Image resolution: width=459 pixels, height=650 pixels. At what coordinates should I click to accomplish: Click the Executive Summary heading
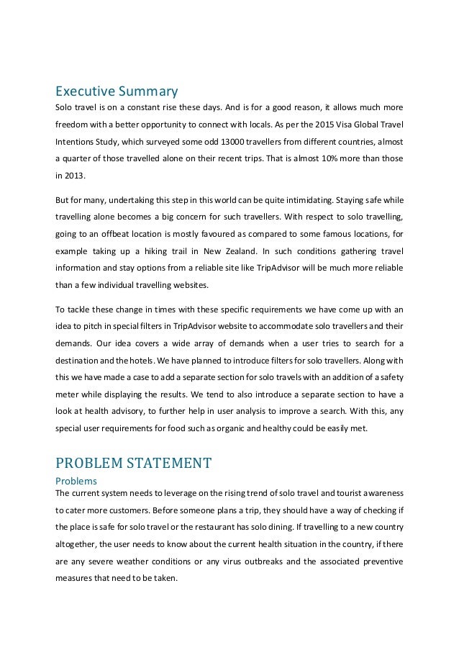coord(117,91)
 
